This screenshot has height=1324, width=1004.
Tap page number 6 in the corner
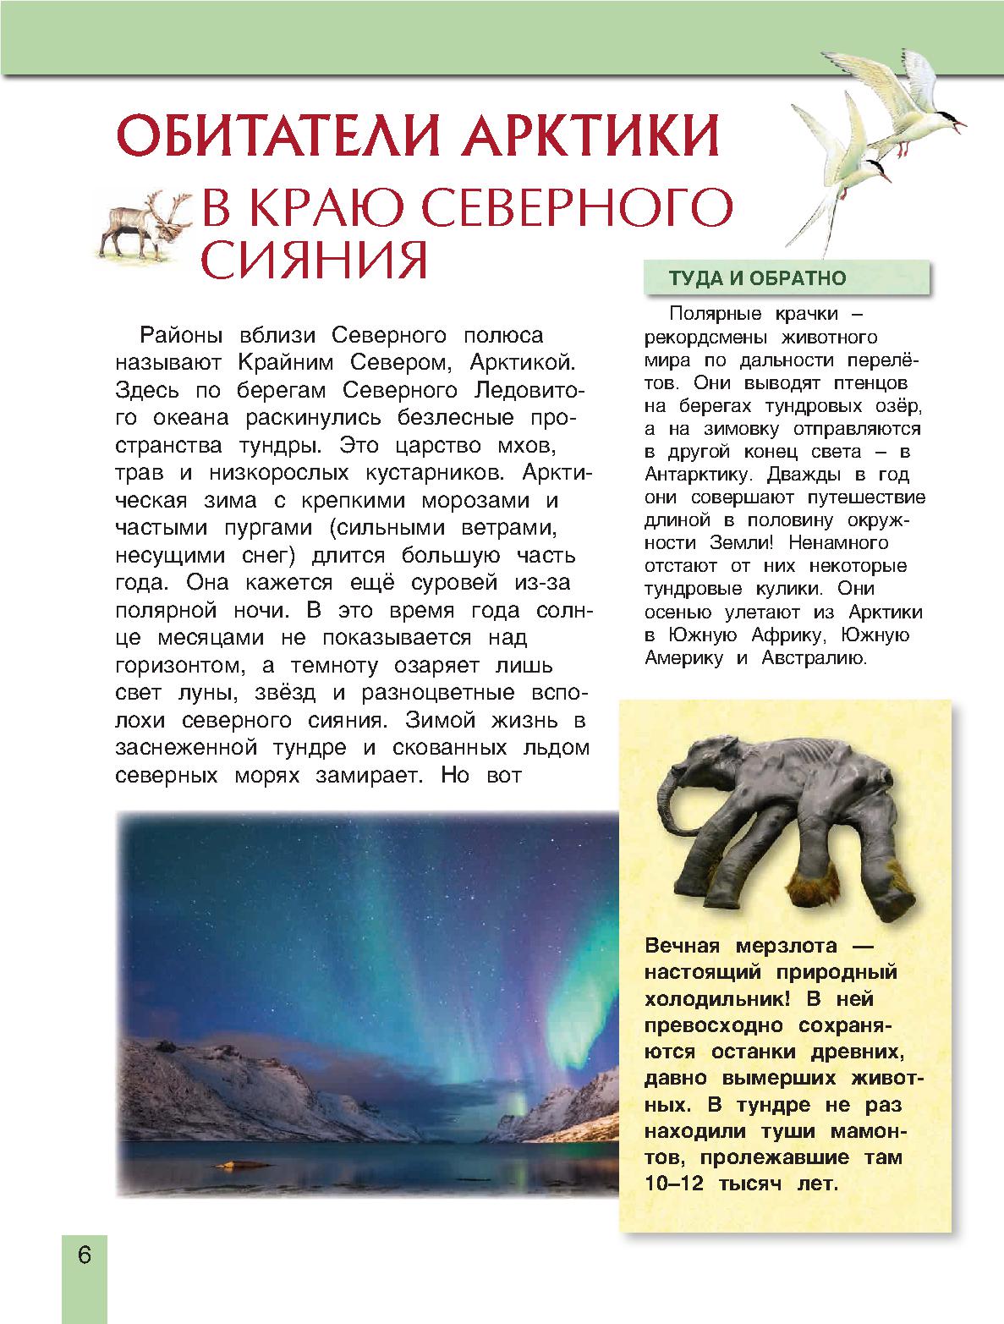tap(84, 1254)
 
